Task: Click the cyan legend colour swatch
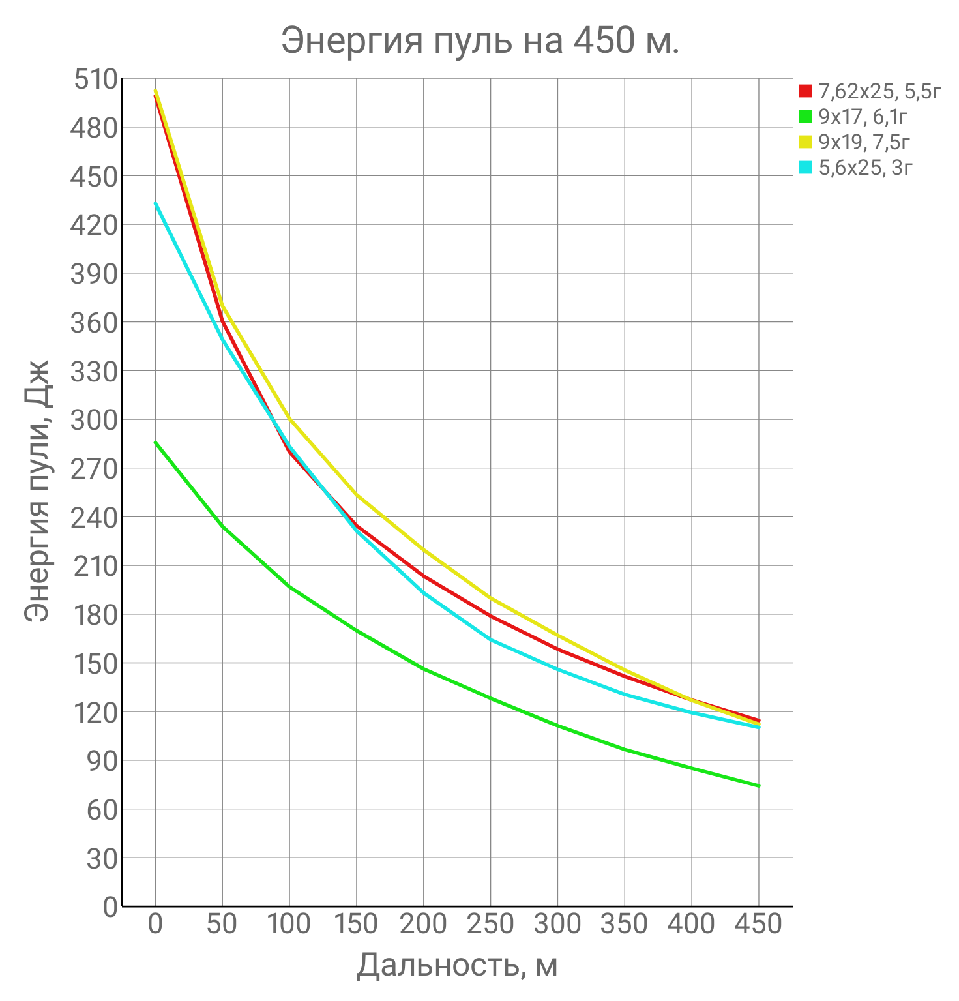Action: pos(806,168)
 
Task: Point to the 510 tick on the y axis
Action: pos(95,80)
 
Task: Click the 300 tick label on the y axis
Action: pos(95,420)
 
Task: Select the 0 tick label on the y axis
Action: pos(110,907)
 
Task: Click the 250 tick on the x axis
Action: pos(490,924)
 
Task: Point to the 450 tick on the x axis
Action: pos(758,924)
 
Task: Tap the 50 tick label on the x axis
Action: pos(222,924)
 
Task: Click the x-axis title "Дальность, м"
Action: pos(457,966)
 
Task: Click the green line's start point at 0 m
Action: pos(155,442)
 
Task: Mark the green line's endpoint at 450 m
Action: pos(758,786)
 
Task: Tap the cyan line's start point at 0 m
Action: pos(155,203)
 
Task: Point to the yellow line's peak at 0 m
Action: pos(155,91)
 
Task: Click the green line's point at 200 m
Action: pos(423,668)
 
